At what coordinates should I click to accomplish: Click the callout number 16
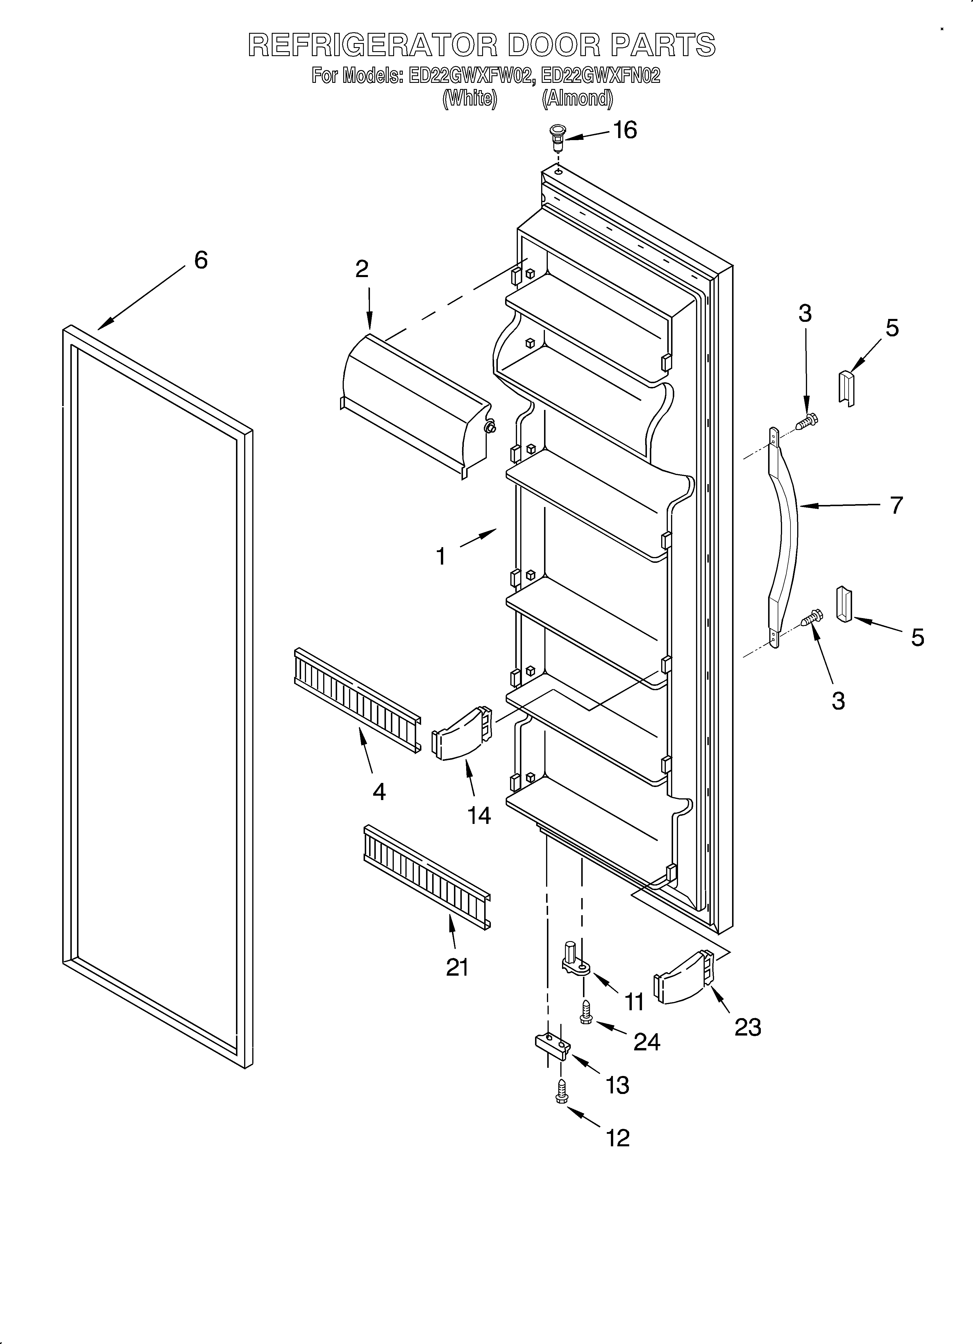(x=625, y=130)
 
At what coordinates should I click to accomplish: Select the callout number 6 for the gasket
(x=201, y=260)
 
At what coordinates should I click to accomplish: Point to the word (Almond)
(x=577, y=98)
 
